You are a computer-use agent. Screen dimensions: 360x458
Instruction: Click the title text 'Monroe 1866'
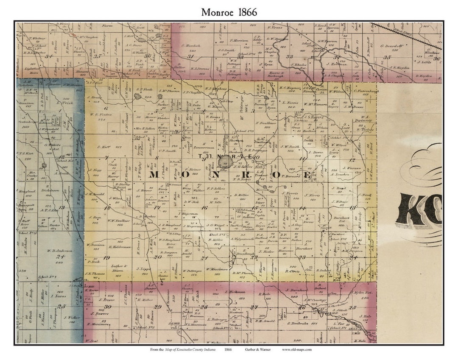229,12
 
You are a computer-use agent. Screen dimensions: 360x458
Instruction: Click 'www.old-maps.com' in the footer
297,349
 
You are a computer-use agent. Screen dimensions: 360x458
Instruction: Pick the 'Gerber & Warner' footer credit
257,349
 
